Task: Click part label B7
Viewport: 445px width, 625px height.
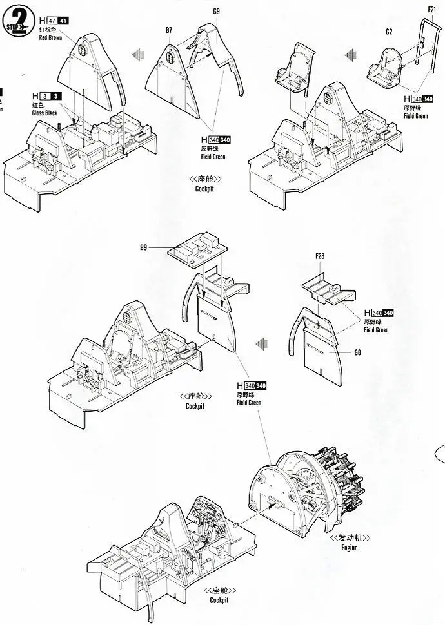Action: (169, 30)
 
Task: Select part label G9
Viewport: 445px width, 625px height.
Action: (216, 11)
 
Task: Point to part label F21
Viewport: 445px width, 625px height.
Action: (432, 9)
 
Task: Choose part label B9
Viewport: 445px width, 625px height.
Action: (144, 247)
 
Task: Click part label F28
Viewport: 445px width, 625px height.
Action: (321, 257)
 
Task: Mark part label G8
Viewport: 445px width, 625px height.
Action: (357, 352)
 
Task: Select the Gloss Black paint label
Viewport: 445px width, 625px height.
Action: (45, 113)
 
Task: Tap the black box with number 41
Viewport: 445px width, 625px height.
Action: (62, 21)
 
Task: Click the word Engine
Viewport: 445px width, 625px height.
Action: (346, 548)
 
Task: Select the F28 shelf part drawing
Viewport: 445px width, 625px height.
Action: (328, 284)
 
